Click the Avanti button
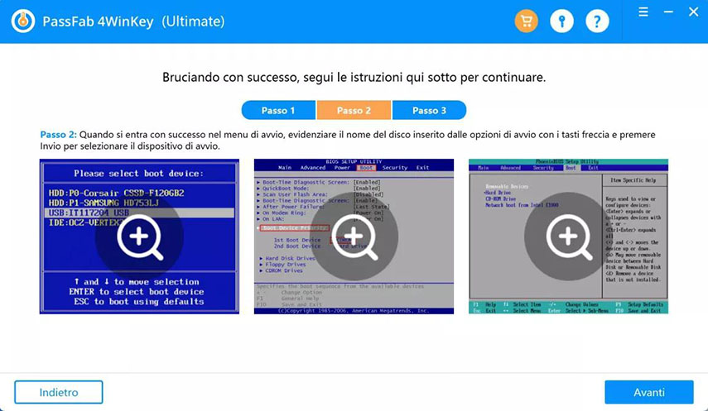(648, 392)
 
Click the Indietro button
(59, 392)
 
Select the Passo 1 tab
(278, 110)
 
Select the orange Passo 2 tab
(354, 110)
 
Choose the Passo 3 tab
(429, 110)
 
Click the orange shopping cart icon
(526, 21)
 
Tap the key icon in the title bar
(561, 21)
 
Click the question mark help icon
(597, 21)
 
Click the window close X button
(693, 12)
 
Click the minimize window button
(668, 12)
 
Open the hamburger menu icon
(643, 12)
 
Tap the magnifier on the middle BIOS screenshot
(354, 236)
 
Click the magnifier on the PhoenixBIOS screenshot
(568, 236)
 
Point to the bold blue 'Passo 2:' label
(58, 134)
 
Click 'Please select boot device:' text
(139, 174)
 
